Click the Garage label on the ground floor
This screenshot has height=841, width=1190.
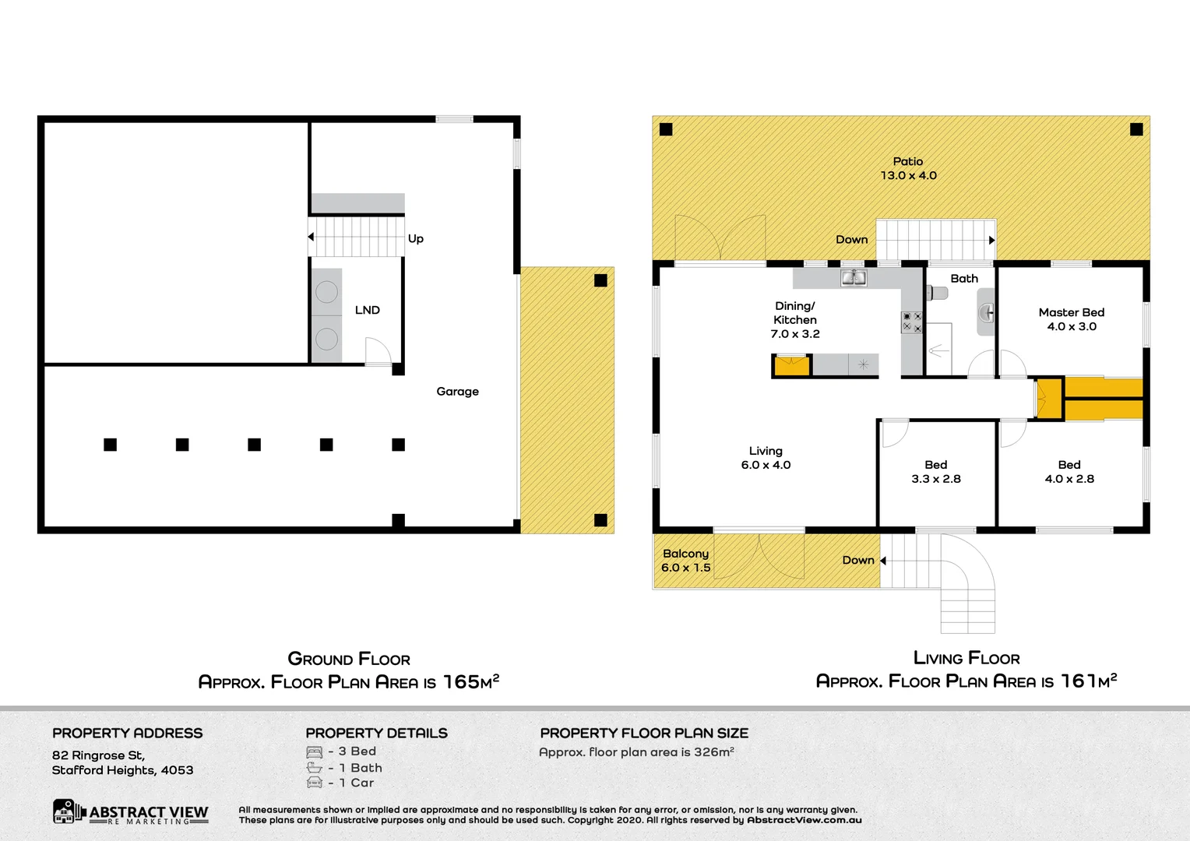pyautogui.click(x=457, y=392)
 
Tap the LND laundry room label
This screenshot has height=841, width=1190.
pyautogui.click(x=367, y=310)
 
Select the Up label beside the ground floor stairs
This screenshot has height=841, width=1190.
pyautogui.click(x=416, y=239)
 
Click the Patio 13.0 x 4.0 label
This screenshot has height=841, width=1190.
pyautogui.click(x=908, y=168)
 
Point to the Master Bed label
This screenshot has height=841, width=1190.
pyautogui.click(x=1071, y=313)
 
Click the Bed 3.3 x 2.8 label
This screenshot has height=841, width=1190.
pyautogui.click(x=935, y=472)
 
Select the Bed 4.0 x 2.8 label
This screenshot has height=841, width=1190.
pyautogui.click(x=1069, y=472)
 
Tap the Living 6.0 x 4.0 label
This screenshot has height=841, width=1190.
pyautogui.click(x=766, y=458)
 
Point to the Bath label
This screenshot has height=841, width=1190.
pyautogui.click(x=963, y=279)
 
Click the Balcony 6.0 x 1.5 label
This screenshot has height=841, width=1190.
pyautogui.click(x=685, y=561)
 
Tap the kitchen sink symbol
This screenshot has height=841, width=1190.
pyautogui.click(x=854, y=278)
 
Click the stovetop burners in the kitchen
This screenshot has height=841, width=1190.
pyautogui.click(x=912, y=322)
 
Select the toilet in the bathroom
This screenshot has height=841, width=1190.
pyautogui.click(x=937, y=294)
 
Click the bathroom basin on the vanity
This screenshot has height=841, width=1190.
pyautogui.click(x=987, y=313)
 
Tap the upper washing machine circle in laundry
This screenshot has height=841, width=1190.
pyautogui.click(x=326, y=292)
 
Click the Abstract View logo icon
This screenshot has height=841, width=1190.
pyautogui.click(x=65, y=811)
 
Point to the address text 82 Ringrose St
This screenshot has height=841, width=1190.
pyautogui.click(x=98, y=755)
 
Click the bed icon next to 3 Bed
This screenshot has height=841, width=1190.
pyautogui.click(x=315, y=752)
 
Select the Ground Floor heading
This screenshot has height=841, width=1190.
pyautogui.click(x=349, y=660)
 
